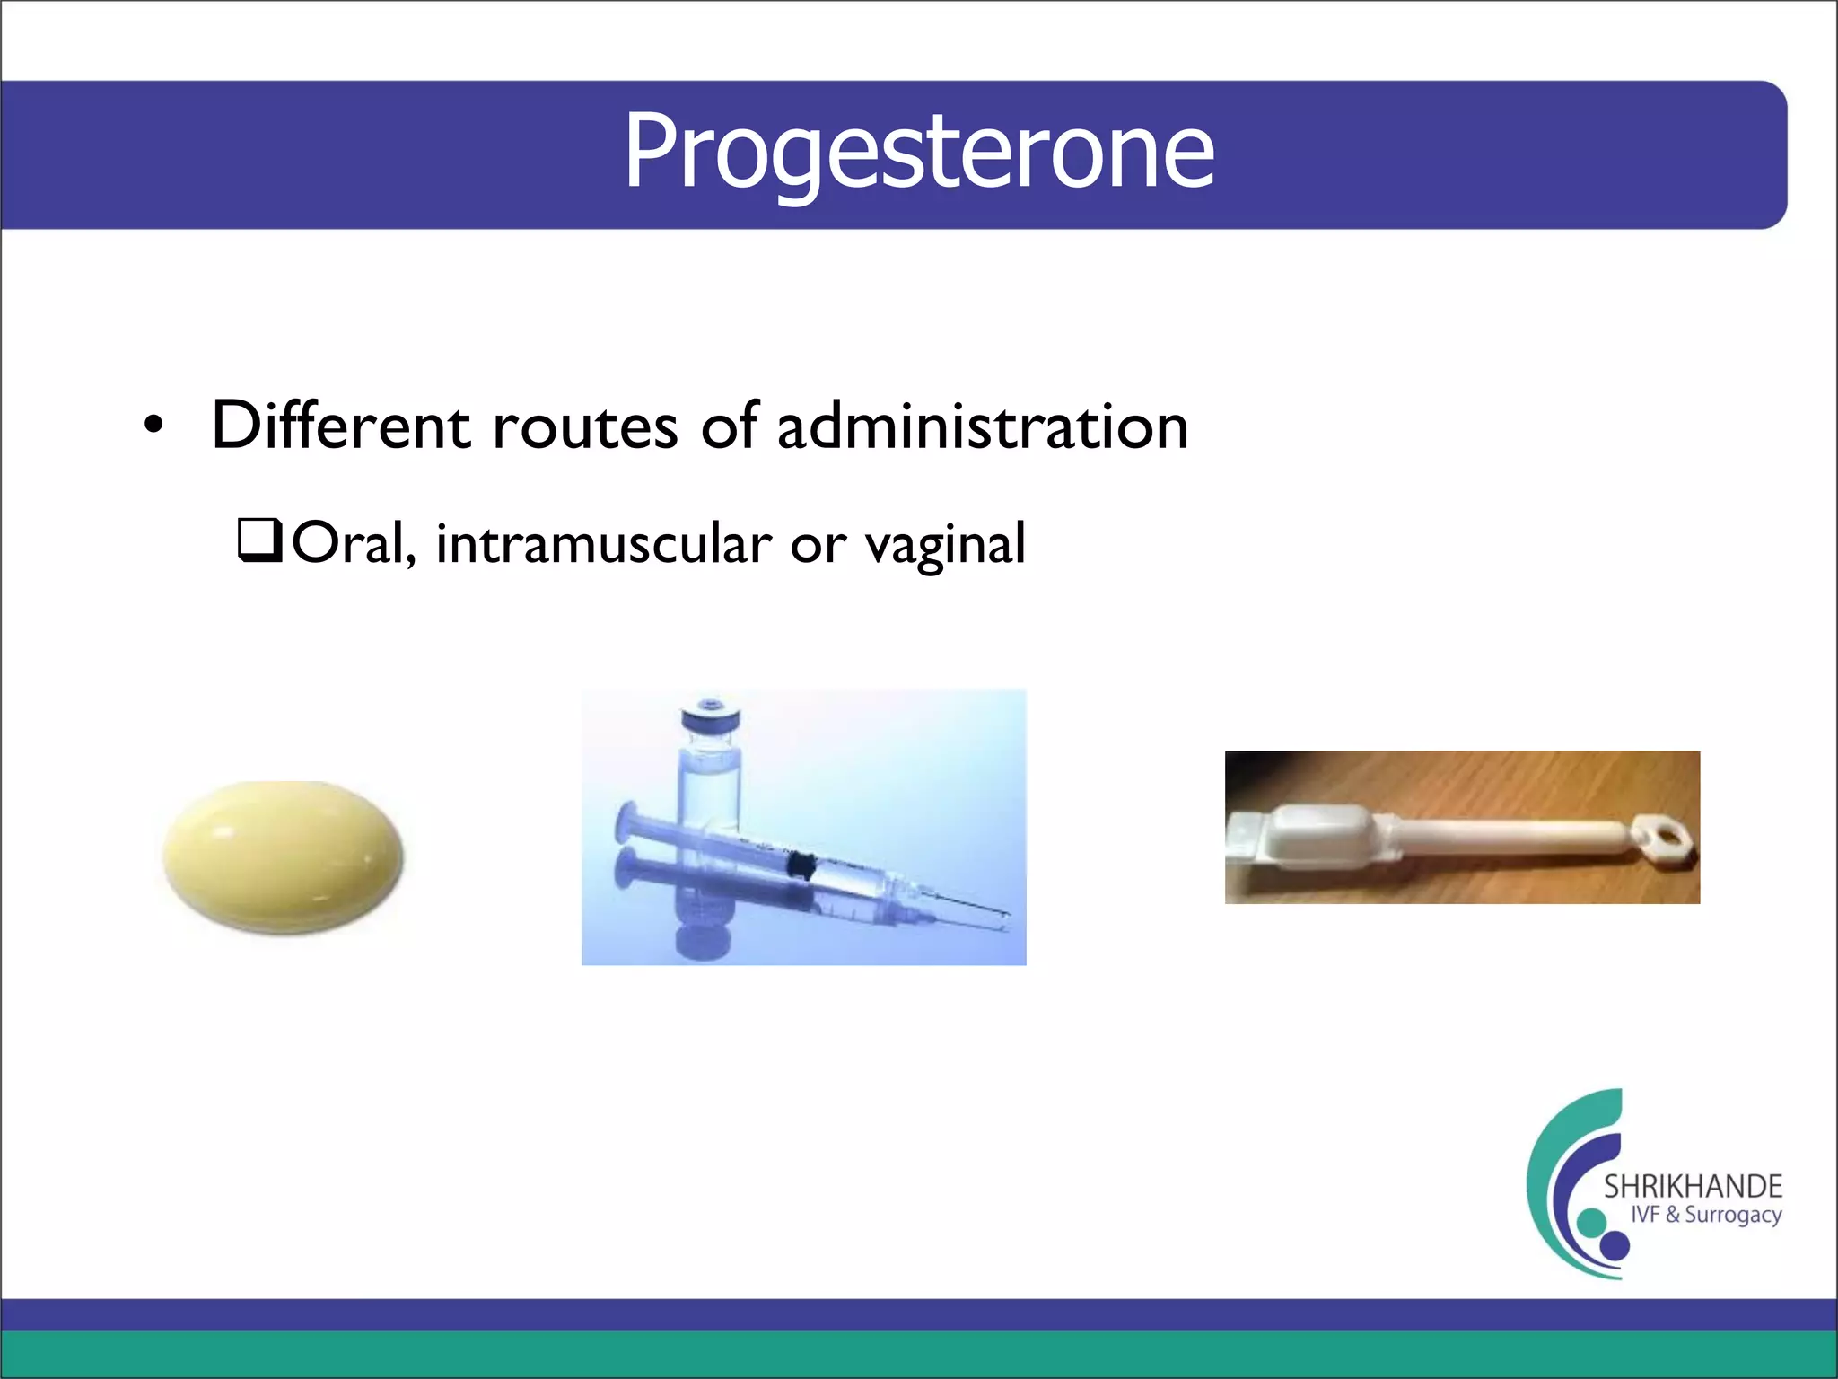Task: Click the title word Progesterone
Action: pos(918,151)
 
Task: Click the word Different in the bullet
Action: pos(340,426)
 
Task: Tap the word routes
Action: pos(585,427)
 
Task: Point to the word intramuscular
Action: pos(603,544)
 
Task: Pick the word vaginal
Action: pos(944,546)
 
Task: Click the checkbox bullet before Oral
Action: pos(259,540)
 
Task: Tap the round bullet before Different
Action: pos(154,426)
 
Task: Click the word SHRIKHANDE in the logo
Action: pos(1692,1186)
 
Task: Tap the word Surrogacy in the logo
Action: pos(1732,1216)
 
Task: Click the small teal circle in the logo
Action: pos(1591,1222)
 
